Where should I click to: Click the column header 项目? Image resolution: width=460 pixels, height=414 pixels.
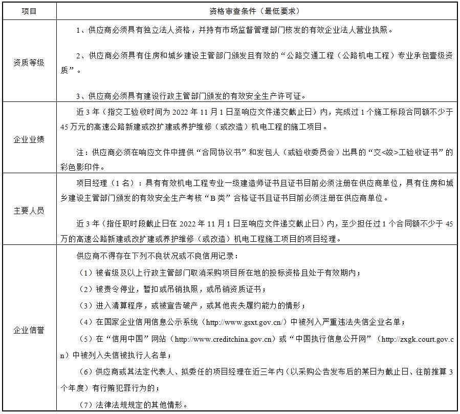tap(29, 11)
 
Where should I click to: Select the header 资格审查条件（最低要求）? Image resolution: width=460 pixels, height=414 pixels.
tap(254, 11)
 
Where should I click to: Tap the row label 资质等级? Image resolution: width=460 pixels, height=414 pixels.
tap(29, 63)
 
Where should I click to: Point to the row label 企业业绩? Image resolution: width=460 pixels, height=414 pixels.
tap(29, 139)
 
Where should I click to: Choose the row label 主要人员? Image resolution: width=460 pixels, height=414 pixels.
tap(29, 211)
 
